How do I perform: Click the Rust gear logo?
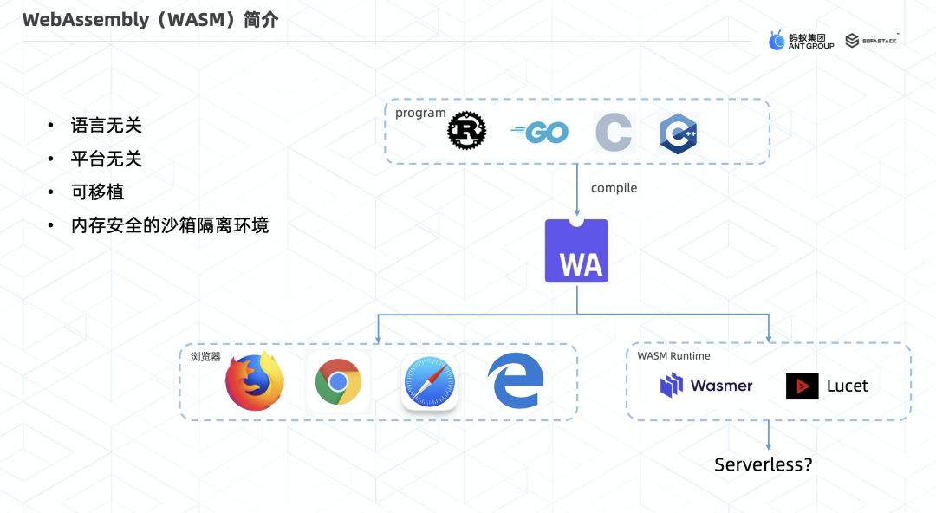click(x=466, y=132)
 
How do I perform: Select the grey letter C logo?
click(x=614, y=133)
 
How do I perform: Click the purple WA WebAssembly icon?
click(x=576, y=251)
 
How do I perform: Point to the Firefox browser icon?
click(x=255, y=381)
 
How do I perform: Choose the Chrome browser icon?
click(x=338, y=382)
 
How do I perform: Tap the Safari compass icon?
click(x=429, y=383)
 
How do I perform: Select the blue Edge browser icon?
click(x=516, y=381)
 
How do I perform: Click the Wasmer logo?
click(x=706, y=386)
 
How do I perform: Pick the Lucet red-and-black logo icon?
click(x=802, y=386)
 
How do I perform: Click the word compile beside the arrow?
click(x=614, y=188)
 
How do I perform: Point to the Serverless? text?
click(x=764, y=464)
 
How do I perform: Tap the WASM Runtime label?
click(x=673, y=356)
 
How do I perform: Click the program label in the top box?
click(x=420, y=113)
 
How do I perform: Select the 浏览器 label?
click(x=205, y=356)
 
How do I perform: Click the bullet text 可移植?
click(x=97, y=192)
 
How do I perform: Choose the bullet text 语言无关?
click(x=106, y=126)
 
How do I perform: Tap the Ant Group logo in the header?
click(x=801, y=41)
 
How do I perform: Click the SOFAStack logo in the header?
click(x=871, y=41)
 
